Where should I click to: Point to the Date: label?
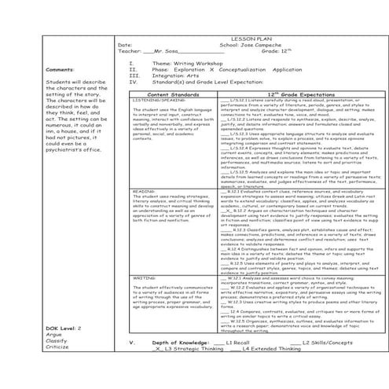click(x=125, y=44)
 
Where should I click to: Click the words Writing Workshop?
click(x=187, y=62)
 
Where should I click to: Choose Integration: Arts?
click(x=173, y=75)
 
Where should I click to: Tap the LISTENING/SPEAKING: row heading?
click(x=153, y=101)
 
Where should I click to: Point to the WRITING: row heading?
click(x=143, y=255)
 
